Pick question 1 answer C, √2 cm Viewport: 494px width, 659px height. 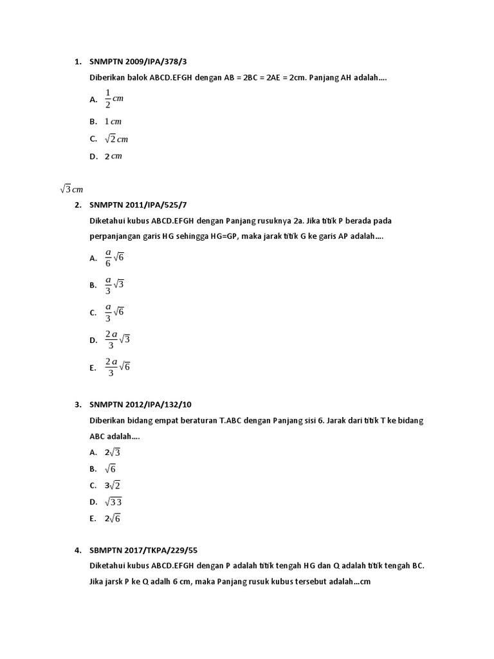[x=117, y=138]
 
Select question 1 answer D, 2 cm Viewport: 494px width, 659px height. [x=113, y=156]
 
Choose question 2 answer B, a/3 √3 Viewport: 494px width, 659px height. [x=114, y=284]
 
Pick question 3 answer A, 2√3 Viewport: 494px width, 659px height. [x=113, y=452]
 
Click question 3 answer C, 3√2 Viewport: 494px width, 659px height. [x=113, y=485]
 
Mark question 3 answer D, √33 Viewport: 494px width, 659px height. [x=114, y=502]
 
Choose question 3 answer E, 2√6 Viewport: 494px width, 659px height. [x=113, y=519]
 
